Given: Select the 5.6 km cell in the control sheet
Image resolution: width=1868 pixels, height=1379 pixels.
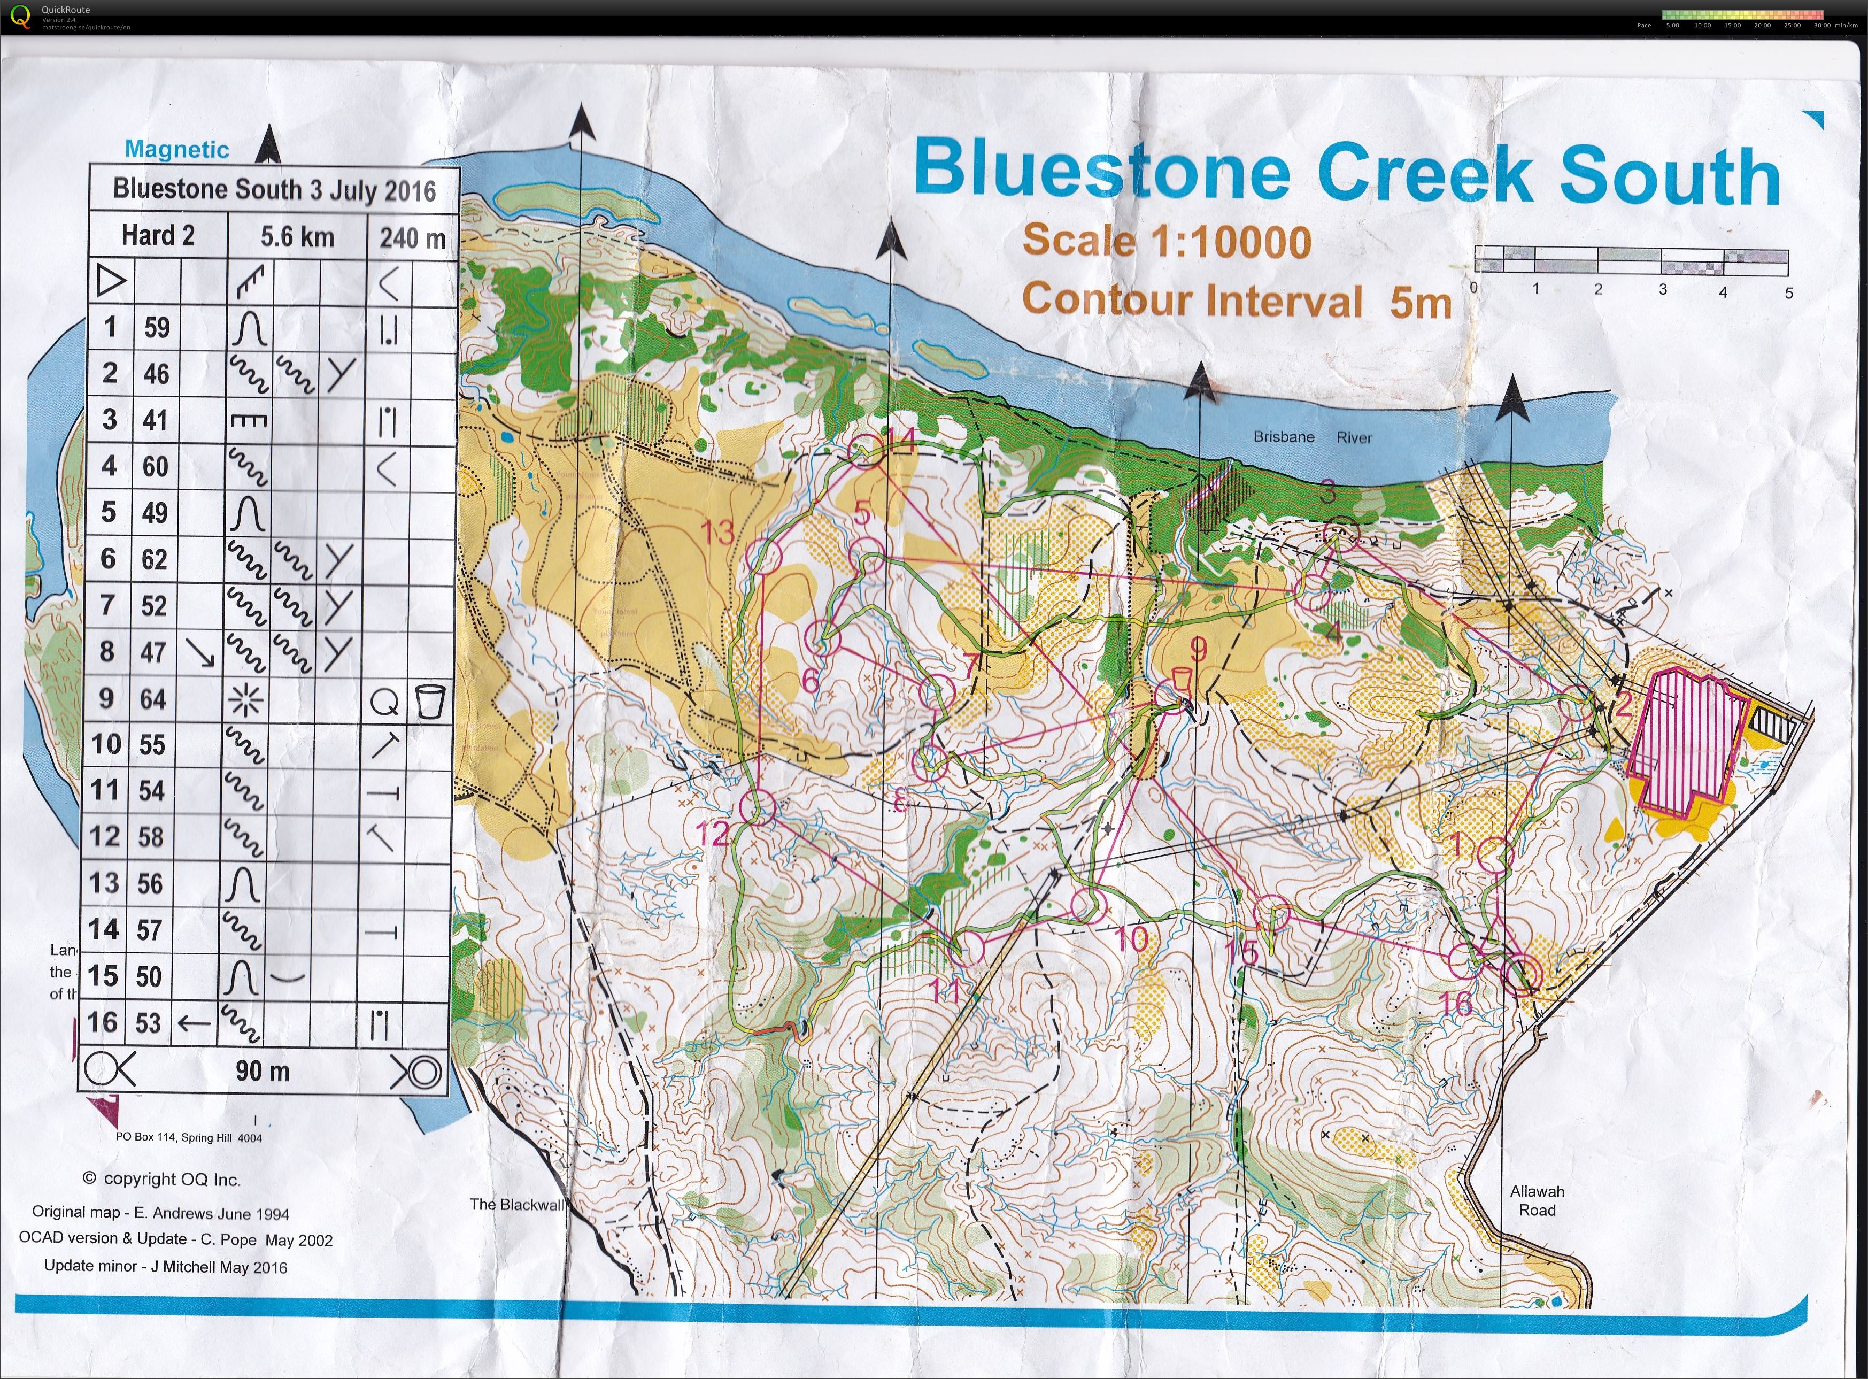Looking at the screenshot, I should coord(297,236).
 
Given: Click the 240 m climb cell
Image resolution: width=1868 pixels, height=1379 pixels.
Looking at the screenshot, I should coord(412,238).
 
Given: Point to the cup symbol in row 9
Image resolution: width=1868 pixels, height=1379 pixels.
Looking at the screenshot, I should coord(430,700).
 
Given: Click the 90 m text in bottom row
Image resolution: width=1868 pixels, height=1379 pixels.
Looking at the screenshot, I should coord(262,1070).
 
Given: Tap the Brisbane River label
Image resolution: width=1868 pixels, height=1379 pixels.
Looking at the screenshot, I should coord(1312,436).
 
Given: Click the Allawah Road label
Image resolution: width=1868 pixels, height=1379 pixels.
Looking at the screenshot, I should coord(1537,1200).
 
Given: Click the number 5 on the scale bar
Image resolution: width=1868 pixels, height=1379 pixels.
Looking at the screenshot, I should coord(1788,293).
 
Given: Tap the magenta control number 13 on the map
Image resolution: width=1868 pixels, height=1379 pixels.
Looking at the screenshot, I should coord(717,531).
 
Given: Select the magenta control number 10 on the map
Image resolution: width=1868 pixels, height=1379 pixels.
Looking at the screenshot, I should coord(1131,940).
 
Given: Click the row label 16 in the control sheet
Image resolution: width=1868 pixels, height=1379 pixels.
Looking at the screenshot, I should coord(102,1022).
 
